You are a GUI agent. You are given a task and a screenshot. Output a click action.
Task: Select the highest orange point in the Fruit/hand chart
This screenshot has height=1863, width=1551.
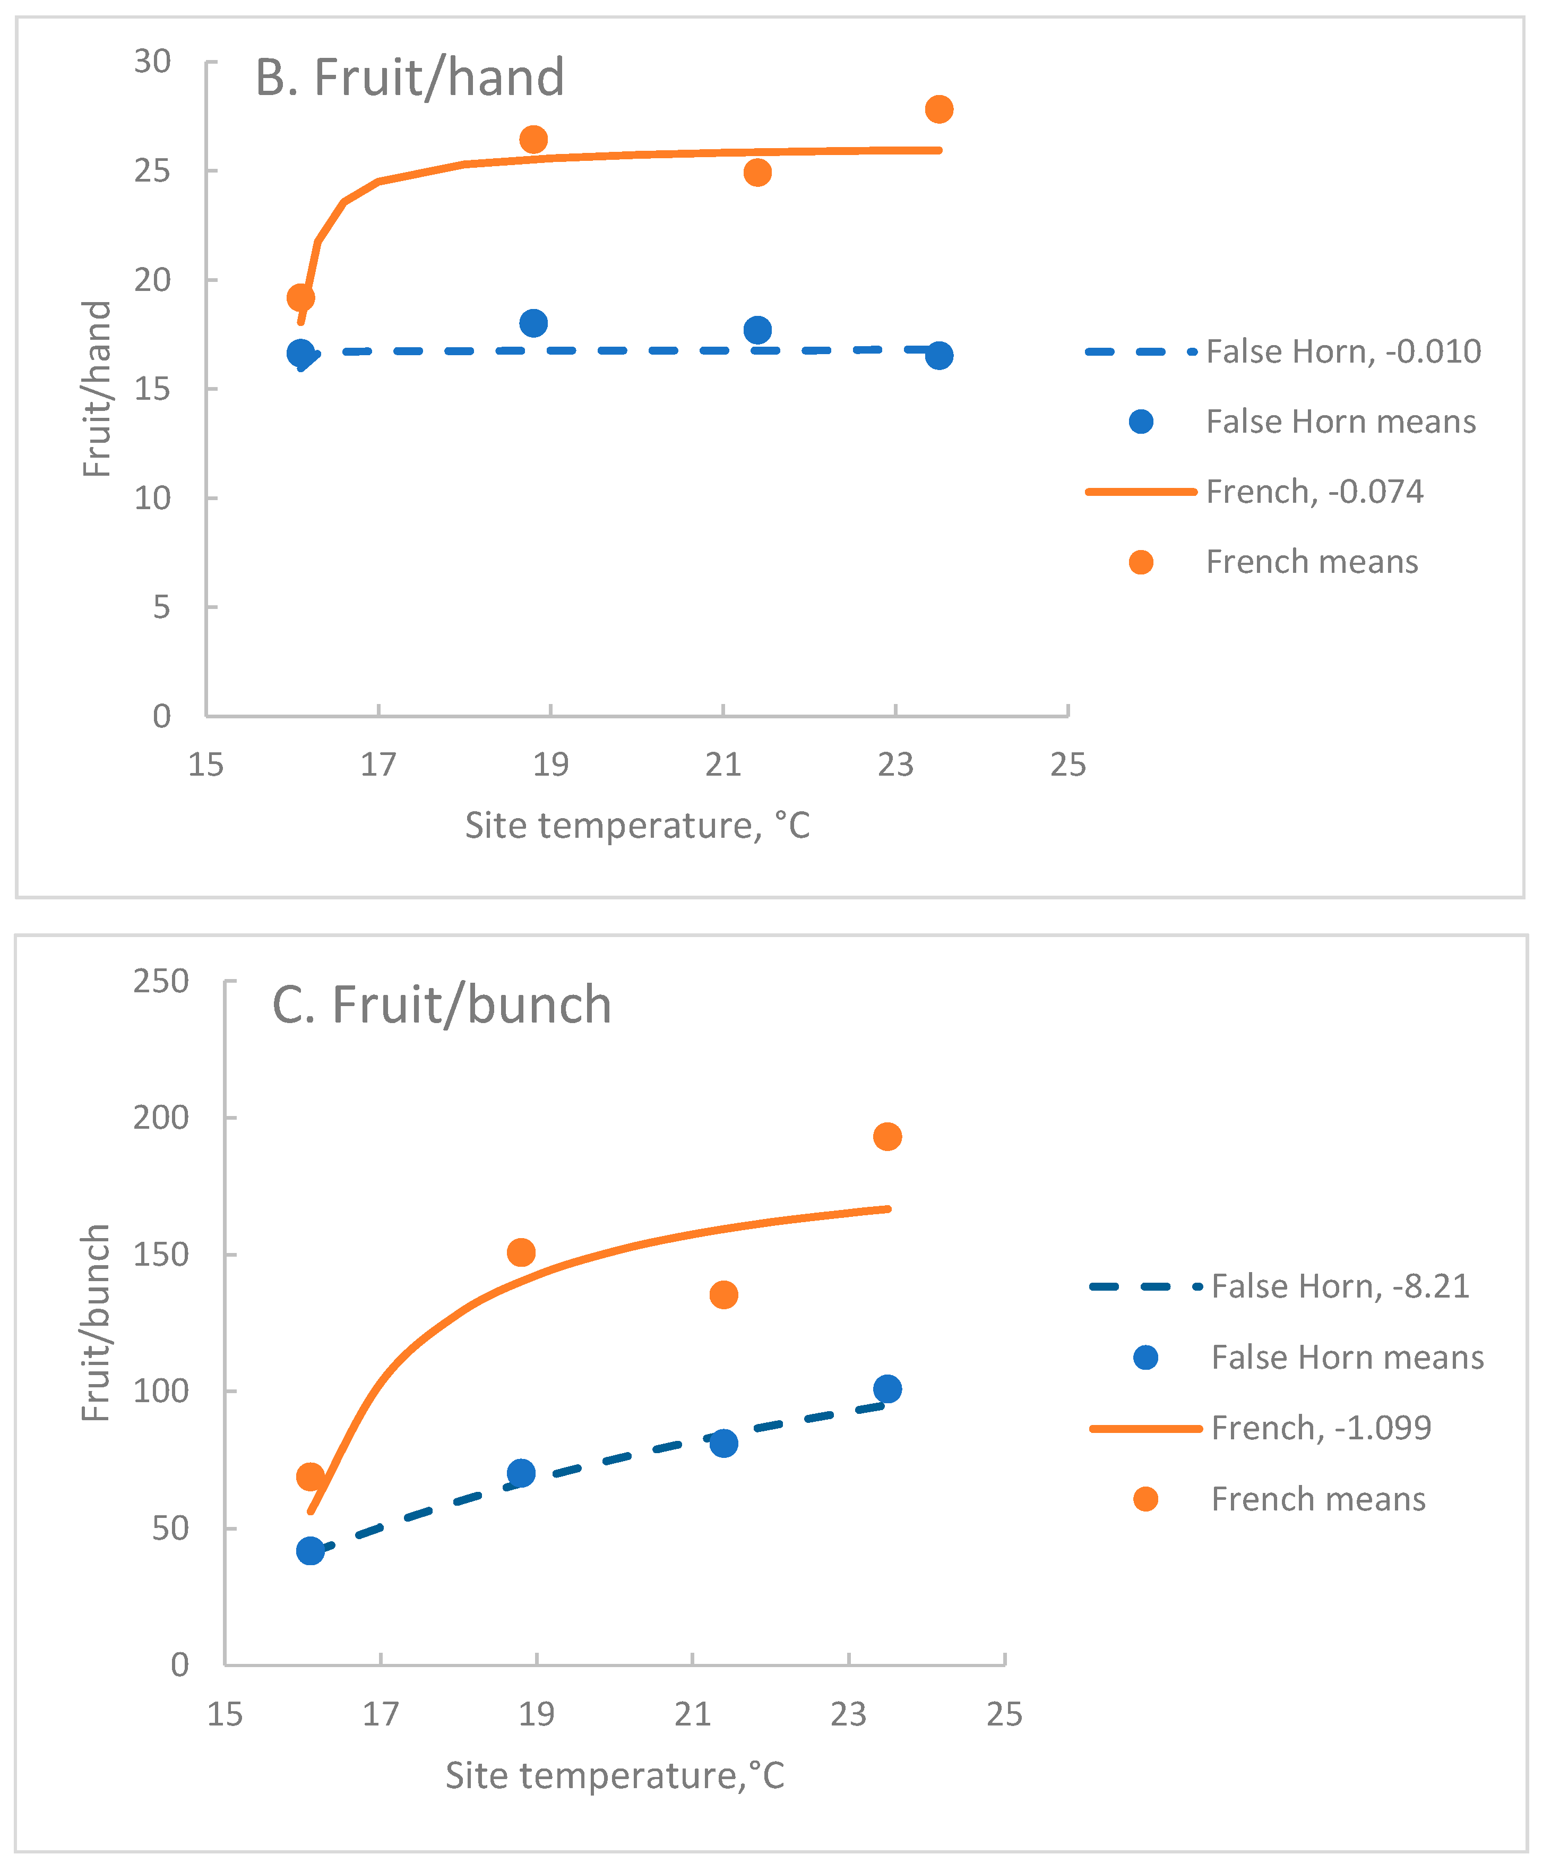click(x=938, y=109)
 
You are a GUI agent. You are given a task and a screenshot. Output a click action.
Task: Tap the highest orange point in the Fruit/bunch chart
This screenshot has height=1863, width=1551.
click(x=887, y=1136)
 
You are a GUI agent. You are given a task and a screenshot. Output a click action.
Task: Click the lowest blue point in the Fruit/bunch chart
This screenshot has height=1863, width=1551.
click(x=309, y=1551)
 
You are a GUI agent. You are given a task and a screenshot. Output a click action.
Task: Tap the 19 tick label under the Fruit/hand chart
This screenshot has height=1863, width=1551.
click(x=550, y=764)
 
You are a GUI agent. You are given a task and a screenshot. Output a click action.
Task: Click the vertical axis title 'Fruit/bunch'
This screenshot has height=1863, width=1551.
click(x=96, y=1322)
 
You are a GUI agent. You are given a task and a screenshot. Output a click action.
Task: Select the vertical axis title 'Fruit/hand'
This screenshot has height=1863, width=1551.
click(x=96, y=389)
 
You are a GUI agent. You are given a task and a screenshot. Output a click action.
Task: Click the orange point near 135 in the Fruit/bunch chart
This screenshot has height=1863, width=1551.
click(x=723, y=1294)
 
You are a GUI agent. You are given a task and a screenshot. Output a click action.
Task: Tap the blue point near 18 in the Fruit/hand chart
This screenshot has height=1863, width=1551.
click(x=533, y=323)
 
